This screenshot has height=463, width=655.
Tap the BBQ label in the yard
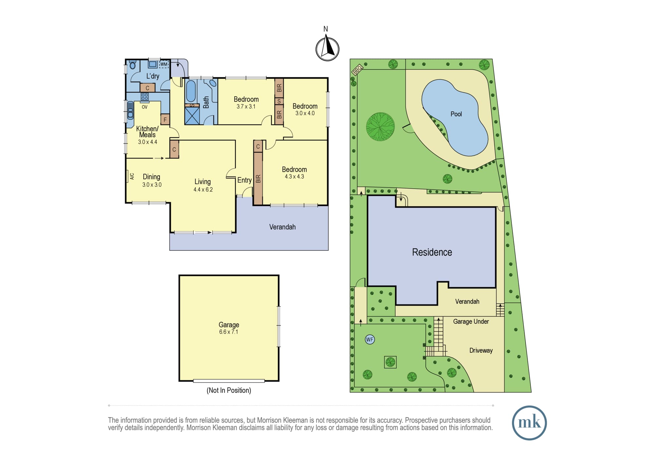(x=357, y=69)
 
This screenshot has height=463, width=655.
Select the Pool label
(x=456, y=114)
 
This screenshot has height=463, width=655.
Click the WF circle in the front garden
(x=370, y=340)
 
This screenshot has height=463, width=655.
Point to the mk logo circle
(x=529, y=423)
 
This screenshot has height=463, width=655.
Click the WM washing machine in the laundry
(x=164, y=64)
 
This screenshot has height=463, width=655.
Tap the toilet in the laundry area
(x=133, y=65)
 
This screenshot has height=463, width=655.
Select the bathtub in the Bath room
(x=191, y=91)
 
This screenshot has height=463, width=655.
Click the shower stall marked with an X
(x=192, y=115)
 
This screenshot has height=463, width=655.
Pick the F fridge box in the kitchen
(x=165, y=120)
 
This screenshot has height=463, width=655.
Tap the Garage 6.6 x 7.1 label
(x=229, y=328)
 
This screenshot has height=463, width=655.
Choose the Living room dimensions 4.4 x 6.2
(x=203, y=190)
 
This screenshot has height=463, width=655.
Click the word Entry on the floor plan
(x=244, y=180)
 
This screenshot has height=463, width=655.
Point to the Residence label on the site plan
(x=432, y=252)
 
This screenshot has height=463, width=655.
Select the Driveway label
(x=481, y=350)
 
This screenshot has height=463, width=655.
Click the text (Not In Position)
(x=229, y=390)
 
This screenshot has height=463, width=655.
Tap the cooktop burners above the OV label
(x=145, y=97)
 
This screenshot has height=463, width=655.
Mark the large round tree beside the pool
(x=380, y=127)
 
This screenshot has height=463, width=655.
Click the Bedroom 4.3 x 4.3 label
(x=294, y=173)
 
